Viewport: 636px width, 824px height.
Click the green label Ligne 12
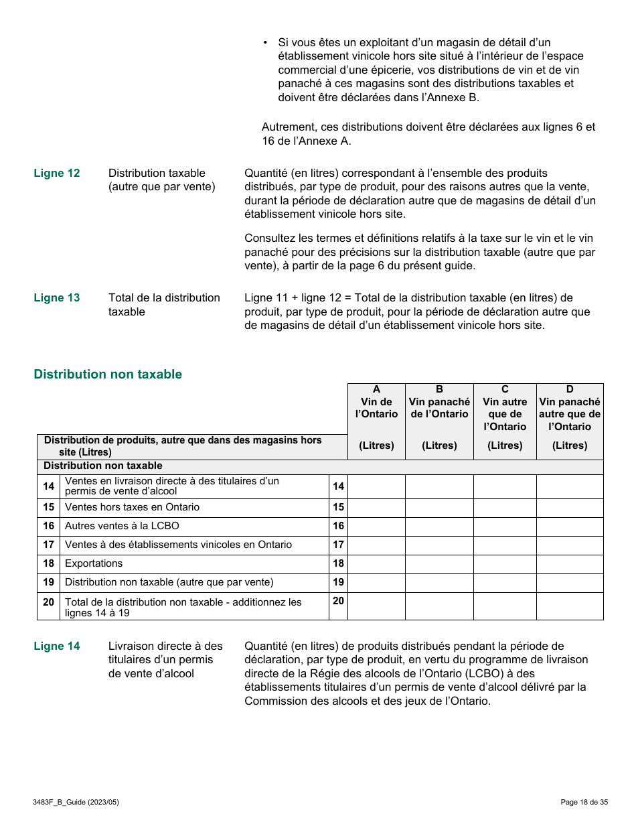tap(57, 174)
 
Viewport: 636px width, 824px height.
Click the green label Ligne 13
tap(57, 298)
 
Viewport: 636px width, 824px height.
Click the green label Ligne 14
tap(57, 646)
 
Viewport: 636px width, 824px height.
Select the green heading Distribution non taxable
tap(108, 374)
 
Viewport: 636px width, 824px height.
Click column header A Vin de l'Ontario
tap(376, 408)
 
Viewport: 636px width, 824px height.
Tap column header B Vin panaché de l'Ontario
tap(439, 408)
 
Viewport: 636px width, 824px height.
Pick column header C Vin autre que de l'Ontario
tap(505, 408)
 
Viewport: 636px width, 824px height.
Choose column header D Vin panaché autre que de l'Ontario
tap(570, 408)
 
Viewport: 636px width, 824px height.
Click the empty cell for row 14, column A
tap(376, 487)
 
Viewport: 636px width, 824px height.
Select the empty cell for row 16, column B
tap(439, 527)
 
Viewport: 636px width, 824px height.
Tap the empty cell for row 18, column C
tap(505, 564)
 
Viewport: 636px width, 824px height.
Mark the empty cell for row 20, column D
tap(570, 606)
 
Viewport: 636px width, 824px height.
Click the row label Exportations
tap(94, 564)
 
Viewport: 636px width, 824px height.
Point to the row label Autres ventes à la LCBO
tap(122, 527)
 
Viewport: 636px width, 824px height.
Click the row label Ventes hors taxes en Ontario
tap(132, 508)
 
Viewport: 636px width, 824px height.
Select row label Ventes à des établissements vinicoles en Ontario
tap(178, 545)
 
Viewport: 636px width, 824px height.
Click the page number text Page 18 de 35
tap(584, 802)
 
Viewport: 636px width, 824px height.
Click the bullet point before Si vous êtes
tap(266, 43)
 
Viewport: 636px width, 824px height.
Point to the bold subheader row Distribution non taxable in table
tap(103, 466)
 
